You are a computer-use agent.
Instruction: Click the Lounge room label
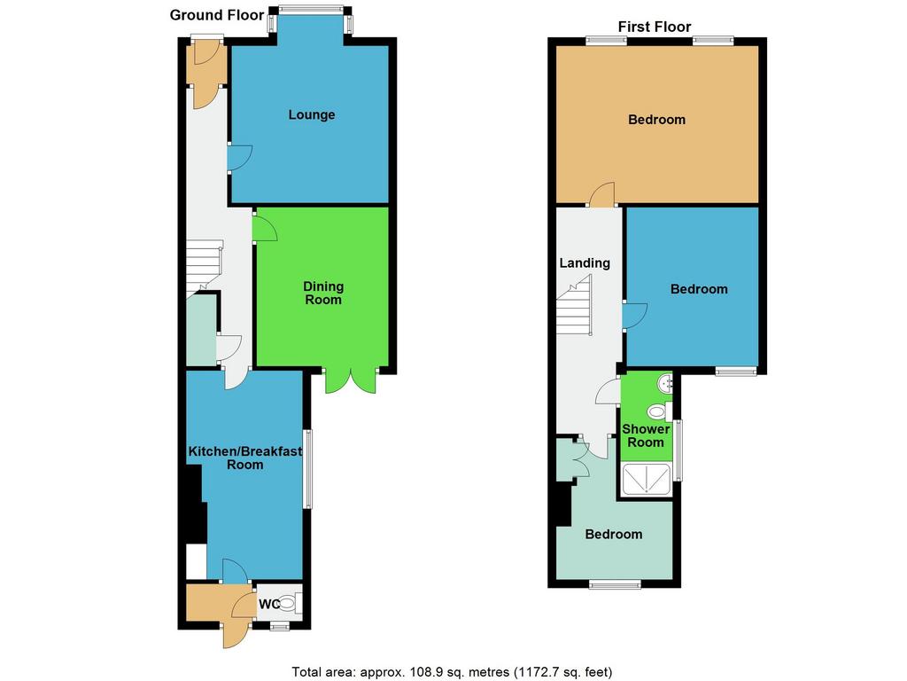[x=311, y=114]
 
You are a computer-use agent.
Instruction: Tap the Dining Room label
[x=323, y=293]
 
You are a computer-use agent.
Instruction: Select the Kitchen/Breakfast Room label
[x=245, y=458]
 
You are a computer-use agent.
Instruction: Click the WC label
[x=269, y=604]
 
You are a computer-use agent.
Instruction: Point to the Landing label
[x=585, y=262]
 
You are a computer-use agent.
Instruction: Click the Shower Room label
[x=646, y=435]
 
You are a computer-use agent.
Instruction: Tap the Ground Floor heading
[x=217, y=15]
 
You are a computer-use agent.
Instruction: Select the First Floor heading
[x=655, y=27]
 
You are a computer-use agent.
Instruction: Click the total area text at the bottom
[x=452, y=672]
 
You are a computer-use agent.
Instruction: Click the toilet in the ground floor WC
[x=291, y=604]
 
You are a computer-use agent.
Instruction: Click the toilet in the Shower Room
[x=659, y=411]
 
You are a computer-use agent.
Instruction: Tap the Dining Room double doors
[x=351, y=380]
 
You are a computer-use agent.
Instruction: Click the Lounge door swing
[x=239, y=157]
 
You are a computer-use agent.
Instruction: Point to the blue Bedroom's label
[x=699, y=289]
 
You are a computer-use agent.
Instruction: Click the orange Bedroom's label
[x=656, y=120]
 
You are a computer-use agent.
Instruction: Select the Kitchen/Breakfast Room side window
[x=308, y=468]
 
